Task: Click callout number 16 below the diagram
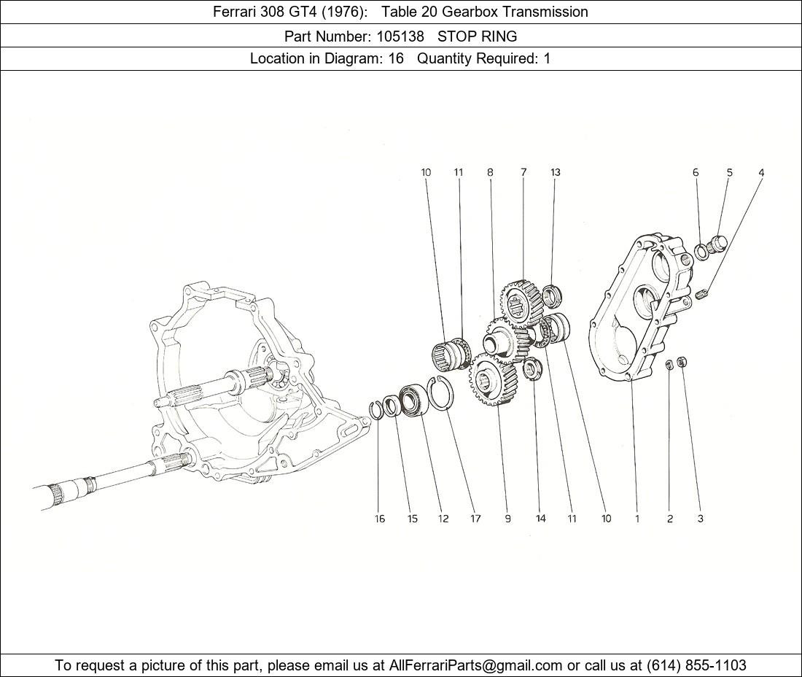(x=380, y=519)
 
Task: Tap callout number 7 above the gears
(x=523, y=173)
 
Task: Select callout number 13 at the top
(x=556, y=173)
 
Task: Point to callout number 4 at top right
(x=761, y=173)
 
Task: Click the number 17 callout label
(x=475, y=519)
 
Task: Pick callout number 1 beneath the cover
(x=637, y=519)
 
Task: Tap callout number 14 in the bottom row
(x=540, y=519)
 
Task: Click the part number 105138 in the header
(x=400, y=36)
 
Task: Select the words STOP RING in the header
(x=477, y=36)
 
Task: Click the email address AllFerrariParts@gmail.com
(x=476, y=665)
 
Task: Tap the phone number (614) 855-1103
(x=696, y=665)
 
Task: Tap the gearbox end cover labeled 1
(x=638, y=306)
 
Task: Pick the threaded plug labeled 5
(x=719, y=242)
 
